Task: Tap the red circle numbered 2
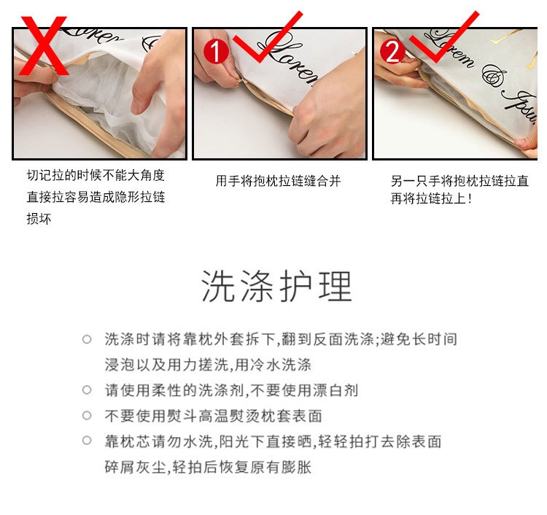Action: coord(392,51)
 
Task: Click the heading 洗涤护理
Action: coord(277,286)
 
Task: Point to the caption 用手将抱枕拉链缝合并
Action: coord(278,181)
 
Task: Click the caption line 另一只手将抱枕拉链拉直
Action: coord(459,181)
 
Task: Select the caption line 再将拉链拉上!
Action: coord(431,198)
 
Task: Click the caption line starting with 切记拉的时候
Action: coord(96,176)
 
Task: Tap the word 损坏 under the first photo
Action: coord(39,219)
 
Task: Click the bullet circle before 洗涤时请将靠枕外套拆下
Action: coord(87,339)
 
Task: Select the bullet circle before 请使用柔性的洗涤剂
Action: coord(87,390)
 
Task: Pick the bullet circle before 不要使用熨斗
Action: coord(87,416)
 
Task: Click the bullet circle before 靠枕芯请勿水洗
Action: coord(87,441)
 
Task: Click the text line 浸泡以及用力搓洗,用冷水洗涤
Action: coord(208,365)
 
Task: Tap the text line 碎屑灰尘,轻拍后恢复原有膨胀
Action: coord(208,467)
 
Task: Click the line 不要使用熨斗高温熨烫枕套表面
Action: coord(213,416)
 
